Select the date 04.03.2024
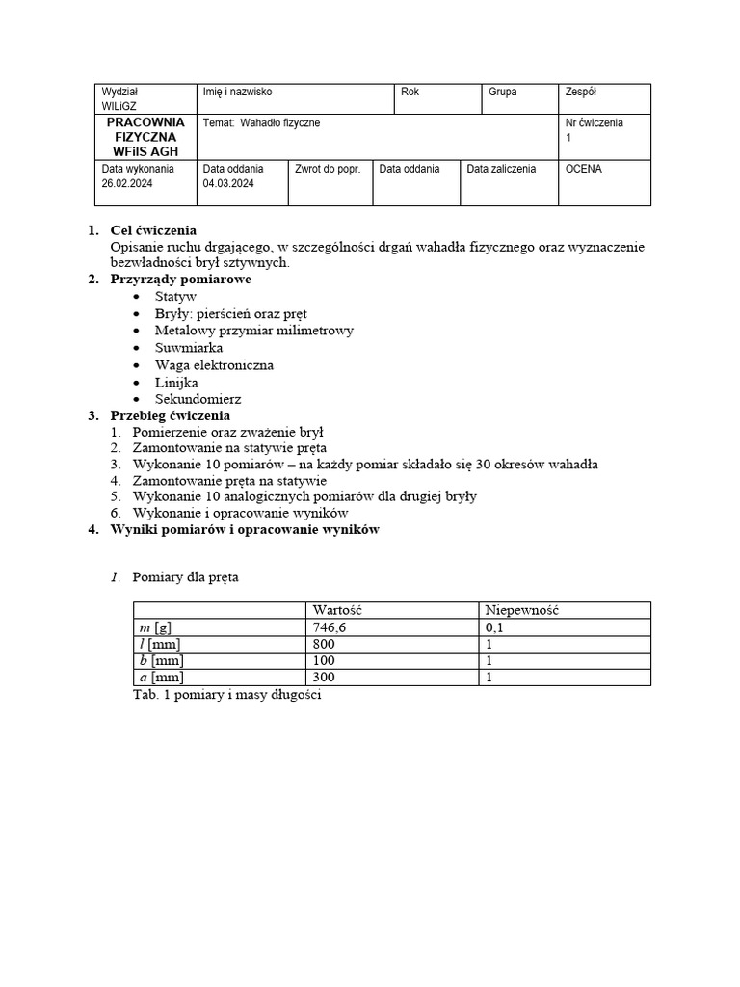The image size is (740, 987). (228, 184)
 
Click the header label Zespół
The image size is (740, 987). (581, 93)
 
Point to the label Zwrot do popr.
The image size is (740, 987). (328, 169)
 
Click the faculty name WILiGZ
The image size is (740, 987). (120, 106)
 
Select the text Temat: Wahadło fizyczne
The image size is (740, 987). (261, 123)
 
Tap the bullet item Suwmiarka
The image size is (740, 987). (189, 348)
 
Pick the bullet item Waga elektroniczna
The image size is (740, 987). (214, 365)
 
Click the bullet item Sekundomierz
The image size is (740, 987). (198, 399)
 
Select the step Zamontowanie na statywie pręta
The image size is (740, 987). (229, 448)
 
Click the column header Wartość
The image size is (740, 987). (337, 610)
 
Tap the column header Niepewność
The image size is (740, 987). (521, 610)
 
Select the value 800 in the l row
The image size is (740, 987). (324, 644)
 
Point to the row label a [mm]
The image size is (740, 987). (161, 678)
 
